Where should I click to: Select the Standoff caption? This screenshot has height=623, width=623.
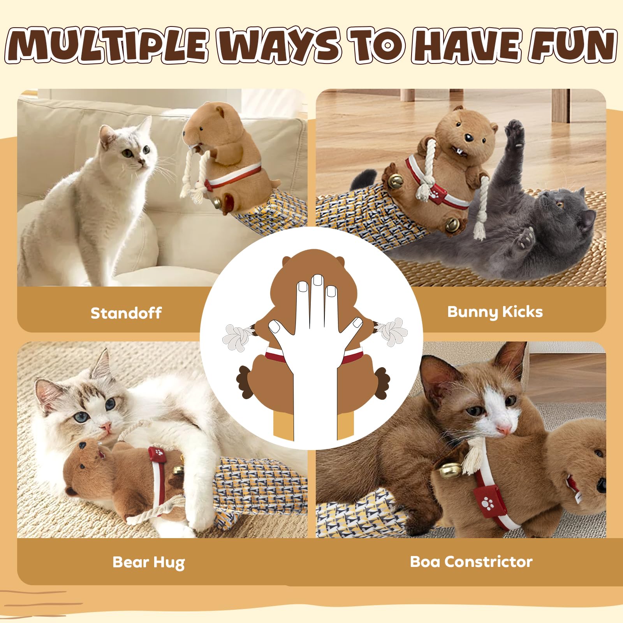click(x=126, y=313)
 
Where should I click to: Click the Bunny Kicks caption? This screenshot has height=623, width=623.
click(x=495, y=312)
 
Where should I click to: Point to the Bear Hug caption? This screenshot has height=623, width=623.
click(x=148, y=562)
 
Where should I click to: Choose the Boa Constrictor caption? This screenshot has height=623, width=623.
click(x=471, y=561)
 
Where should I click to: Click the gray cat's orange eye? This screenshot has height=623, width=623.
click(x=560, y=204)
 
